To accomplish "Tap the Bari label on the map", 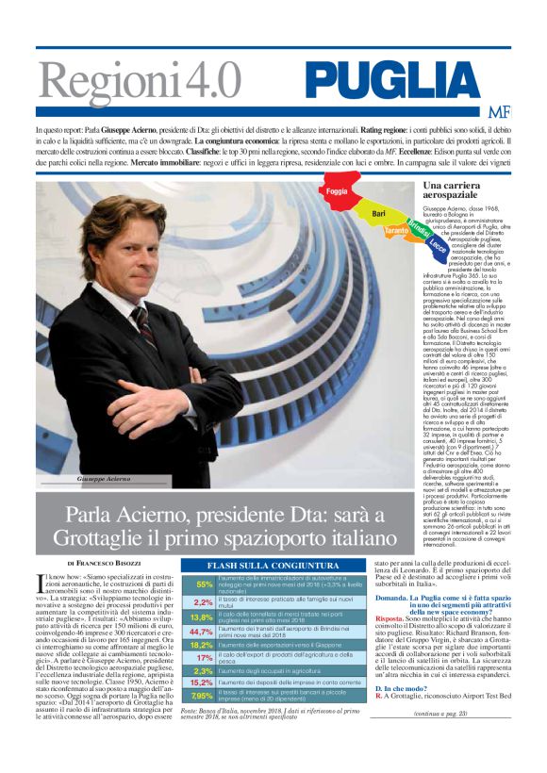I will click(379, 215).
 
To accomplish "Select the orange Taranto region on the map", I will click(397, 231).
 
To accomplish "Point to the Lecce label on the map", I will click(438, 241).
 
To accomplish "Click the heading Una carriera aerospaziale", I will click(454, 191).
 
